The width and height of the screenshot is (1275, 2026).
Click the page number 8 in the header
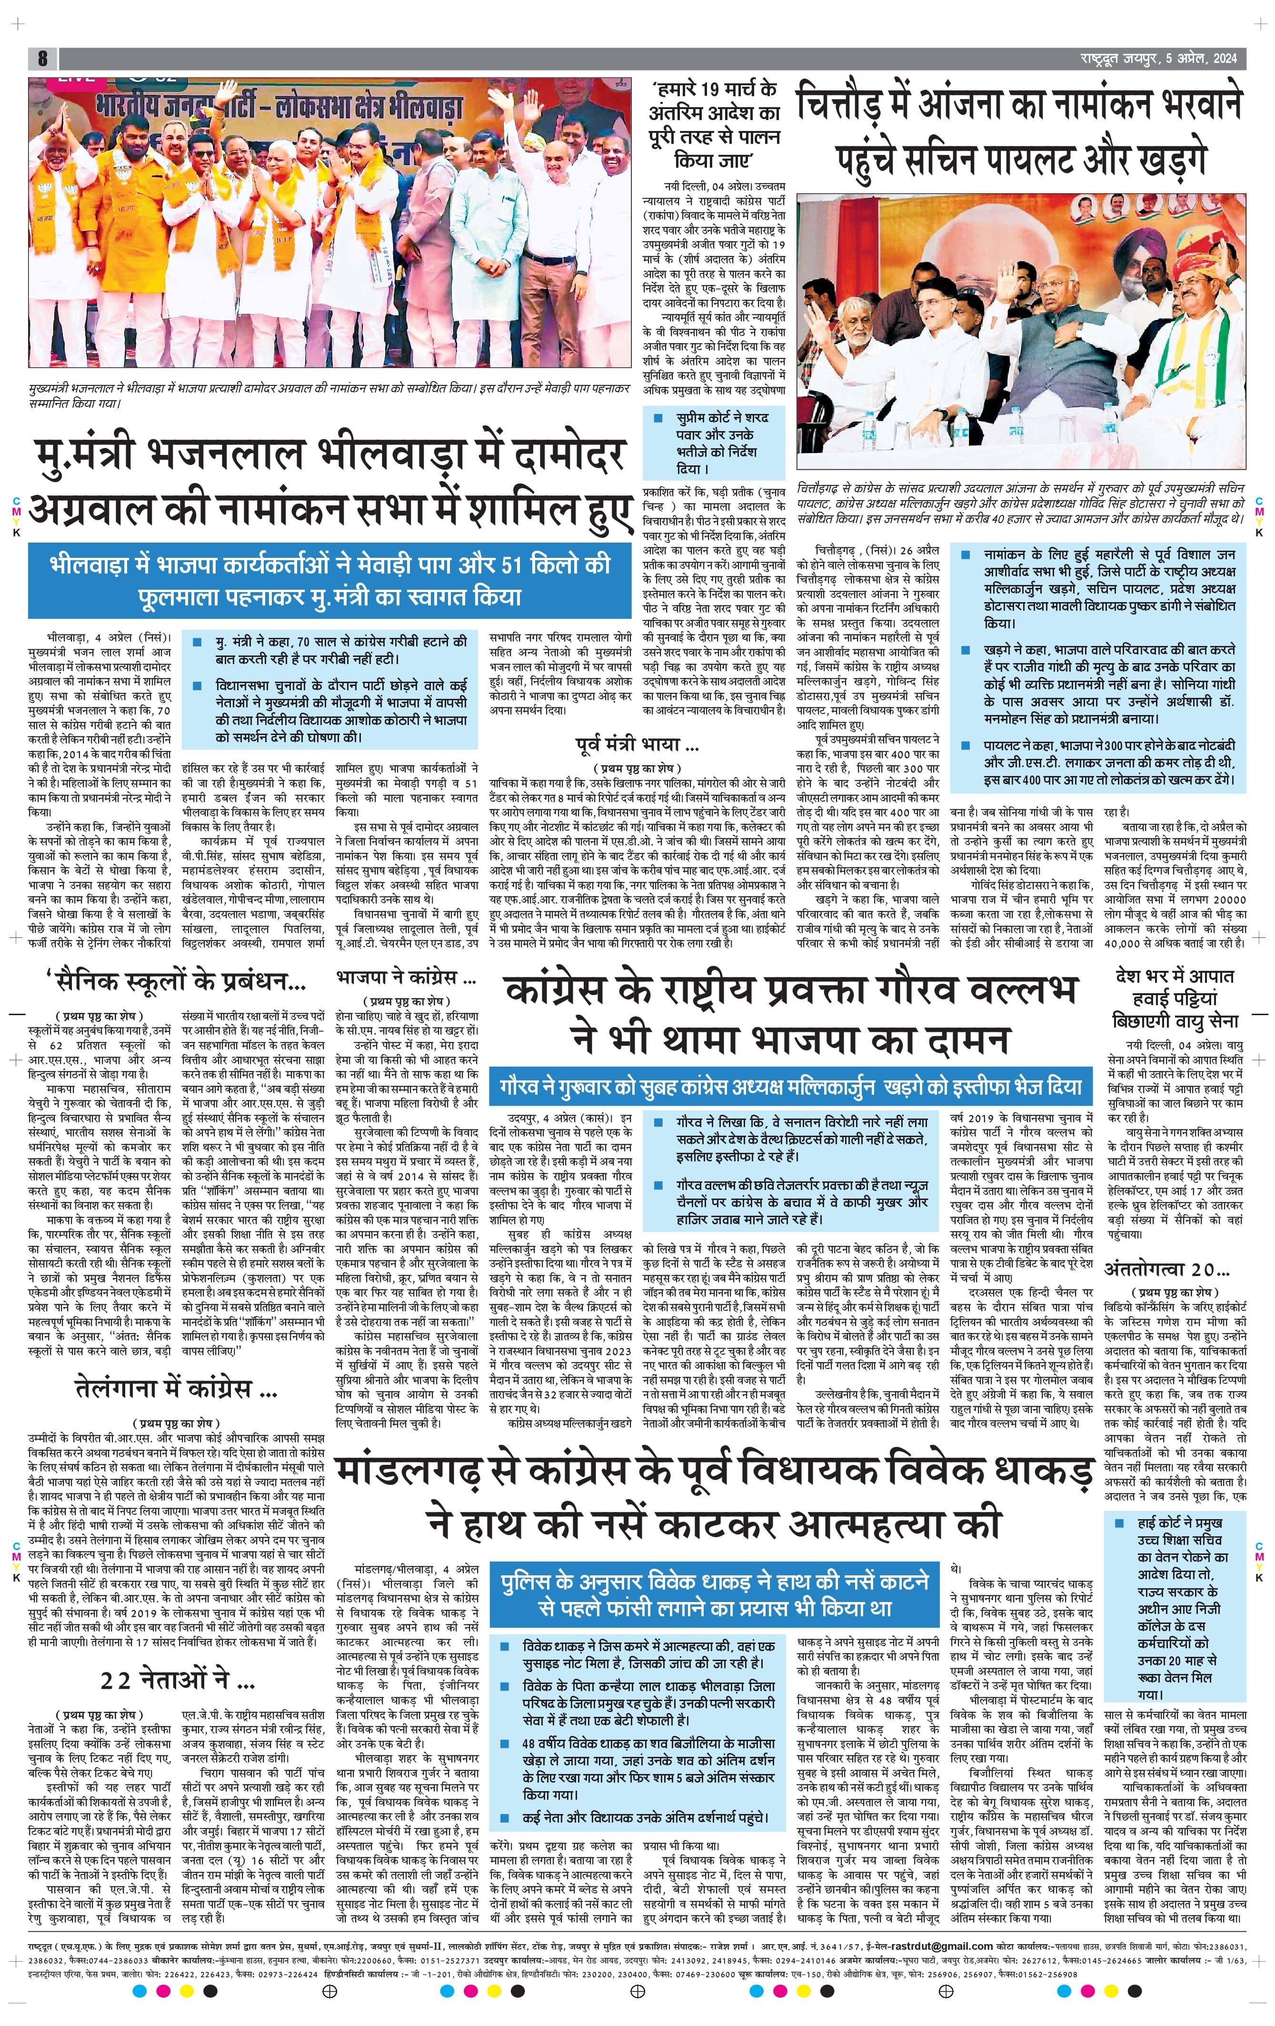coord(42,59)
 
